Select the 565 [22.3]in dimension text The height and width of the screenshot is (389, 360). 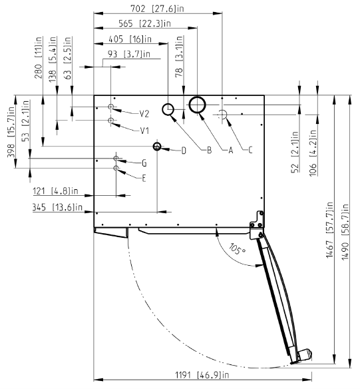point(144,23)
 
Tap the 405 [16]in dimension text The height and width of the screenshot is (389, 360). point(130,39)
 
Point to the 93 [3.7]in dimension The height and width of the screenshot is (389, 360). point(129,54)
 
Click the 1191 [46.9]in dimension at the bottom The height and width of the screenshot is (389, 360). point(202,374)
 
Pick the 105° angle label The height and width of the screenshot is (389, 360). point(237,249)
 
